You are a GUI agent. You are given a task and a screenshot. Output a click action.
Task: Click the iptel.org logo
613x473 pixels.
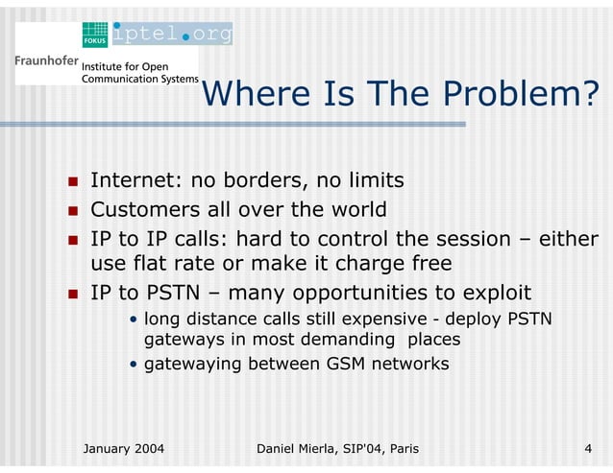pos(172,35)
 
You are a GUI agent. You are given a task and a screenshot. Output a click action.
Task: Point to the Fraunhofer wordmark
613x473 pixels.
pos(45,59)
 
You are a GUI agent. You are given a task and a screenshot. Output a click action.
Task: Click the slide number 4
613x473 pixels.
pos(587,448)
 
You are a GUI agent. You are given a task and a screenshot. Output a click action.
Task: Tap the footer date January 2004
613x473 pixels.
pos(124,448)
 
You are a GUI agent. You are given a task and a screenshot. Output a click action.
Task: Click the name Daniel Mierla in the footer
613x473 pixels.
pos(305,448)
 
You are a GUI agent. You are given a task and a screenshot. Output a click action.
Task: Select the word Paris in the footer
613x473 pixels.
pos(399,448)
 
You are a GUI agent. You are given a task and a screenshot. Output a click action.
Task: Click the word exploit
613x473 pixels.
pos(490,293)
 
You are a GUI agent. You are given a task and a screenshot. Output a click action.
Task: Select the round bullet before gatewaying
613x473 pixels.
pos(134,365)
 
